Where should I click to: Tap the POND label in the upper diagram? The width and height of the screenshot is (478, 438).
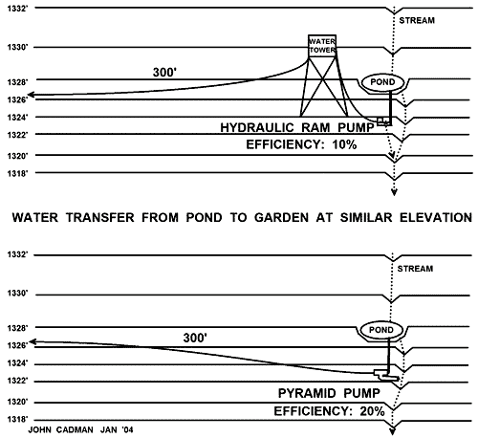pos(382,82)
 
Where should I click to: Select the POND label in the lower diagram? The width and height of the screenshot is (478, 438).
pos(381,330)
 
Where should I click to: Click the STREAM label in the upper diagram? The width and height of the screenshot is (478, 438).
pos(417,20)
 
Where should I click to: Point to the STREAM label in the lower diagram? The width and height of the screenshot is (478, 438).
pos(415,269)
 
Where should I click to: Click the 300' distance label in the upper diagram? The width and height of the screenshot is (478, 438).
pos(164,72)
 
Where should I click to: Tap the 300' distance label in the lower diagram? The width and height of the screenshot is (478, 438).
pos(195,338)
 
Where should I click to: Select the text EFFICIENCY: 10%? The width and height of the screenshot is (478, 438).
pos(301,144)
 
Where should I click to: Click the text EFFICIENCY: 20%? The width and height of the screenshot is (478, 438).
pos(329,411)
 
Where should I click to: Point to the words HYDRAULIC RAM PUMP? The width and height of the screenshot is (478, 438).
pos(297,127)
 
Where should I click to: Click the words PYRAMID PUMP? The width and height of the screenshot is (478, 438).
pos(329,393)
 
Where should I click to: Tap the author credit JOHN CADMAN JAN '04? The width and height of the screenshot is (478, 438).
pos(80,430)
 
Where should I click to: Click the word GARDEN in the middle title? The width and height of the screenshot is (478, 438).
pos(281,217)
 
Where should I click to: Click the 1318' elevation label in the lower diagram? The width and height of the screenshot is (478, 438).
pos(17,419)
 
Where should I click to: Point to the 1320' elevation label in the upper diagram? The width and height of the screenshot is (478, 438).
pos(17,156)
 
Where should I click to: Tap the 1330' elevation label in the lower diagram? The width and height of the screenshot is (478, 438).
pos(17,293)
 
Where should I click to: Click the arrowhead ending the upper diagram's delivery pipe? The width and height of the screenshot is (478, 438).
pos(32,95)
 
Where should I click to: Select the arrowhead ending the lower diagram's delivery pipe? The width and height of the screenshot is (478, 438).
pos(33,341)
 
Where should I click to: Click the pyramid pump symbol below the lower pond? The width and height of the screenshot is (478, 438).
pos(386,375)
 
